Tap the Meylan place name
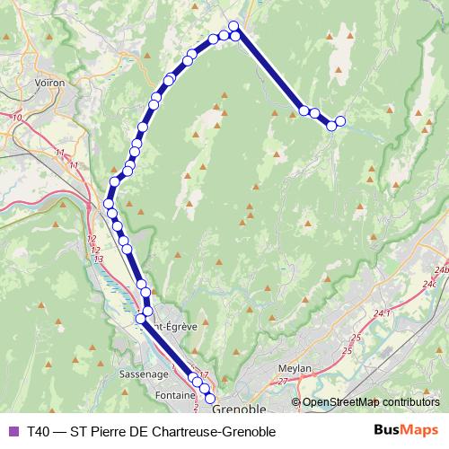pos(295,368)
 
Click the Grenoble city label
pos(242,409)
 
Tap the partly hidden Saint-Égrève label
pos(172,329)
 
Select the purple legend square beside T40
pos(13,431)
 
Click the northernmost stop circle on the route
pos(233,26)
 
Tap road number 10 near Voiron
pos(17,118)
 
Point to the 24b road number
pos(440,269)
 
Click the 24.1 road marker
pos(383,313)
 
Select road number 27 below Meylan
pos(284,382)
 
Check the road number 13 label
pos(98,259)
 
